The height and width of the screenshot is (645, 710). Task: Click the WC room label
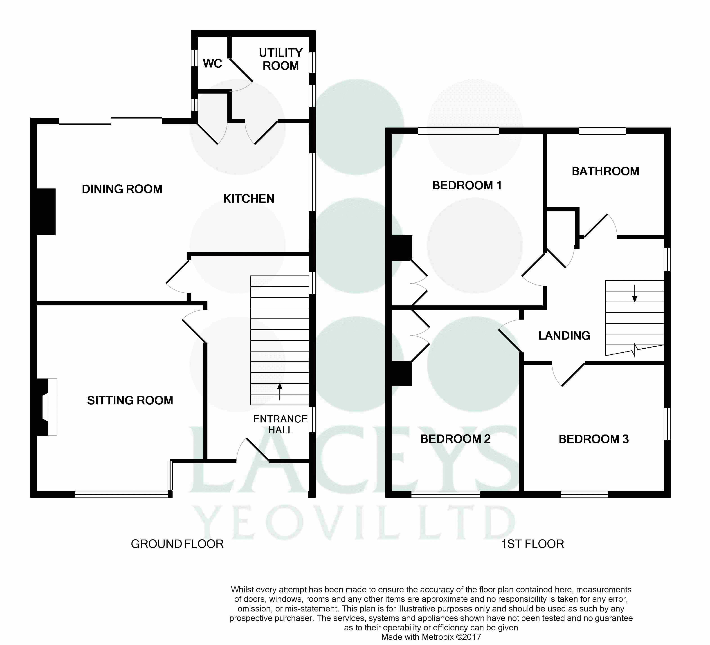click(212, 63)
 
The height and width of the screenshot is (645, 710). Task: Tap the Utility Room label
click(281, 59)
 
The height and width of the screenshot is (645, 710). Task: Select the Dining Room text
click(122, 189)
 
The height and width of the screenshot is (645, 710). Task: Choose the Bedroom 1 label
click(467, 186)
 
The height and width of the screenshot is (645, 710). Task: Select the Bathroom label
click(605, 171)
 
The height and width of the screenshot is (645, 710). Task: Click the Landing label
click(564, 336)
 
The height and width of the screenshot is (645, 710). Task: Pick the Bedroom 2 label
click(455, 439)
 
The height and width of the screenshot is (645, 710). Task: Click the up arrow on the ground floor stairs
click(280, 392)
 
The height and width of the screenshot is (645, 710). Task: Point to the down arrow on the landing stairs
click(635, 294)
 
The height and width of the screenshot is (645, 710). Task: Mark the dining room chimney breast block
click(46, 212)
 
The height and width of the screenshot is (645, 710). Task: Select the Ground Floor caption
click(177, 544)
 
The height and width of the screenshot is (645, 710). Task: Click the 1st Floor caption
click(532, 544)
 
